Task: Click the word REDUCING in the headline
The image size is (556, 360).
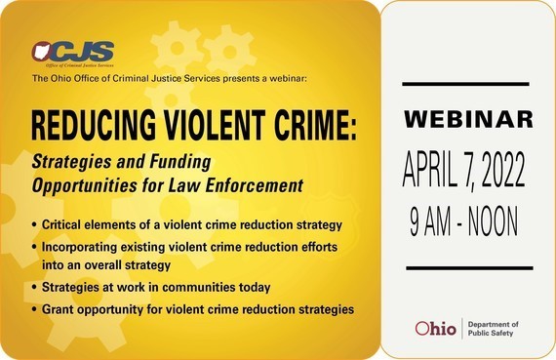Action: [x=88, y=124]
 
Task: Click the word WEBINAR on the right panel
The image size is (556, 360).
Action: [x=469, y=120]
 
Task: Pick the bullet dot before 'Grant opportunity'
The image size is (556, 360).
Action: [x=36, y=310]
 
